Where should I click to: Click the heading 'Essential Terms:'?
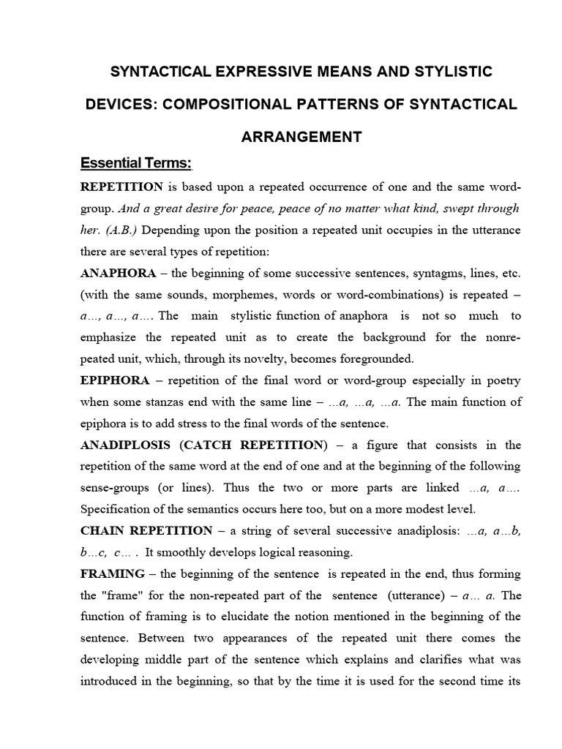pyautogui.click(x=135, y=162)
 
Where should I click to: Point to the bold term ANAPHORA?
pyautogui.click(x=118, y=273)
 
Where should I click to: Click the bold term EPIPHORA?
pyautogui.click(x=115, y=380)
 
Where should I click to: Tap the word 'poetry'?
pyautogui.click(x=500, y=380)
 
